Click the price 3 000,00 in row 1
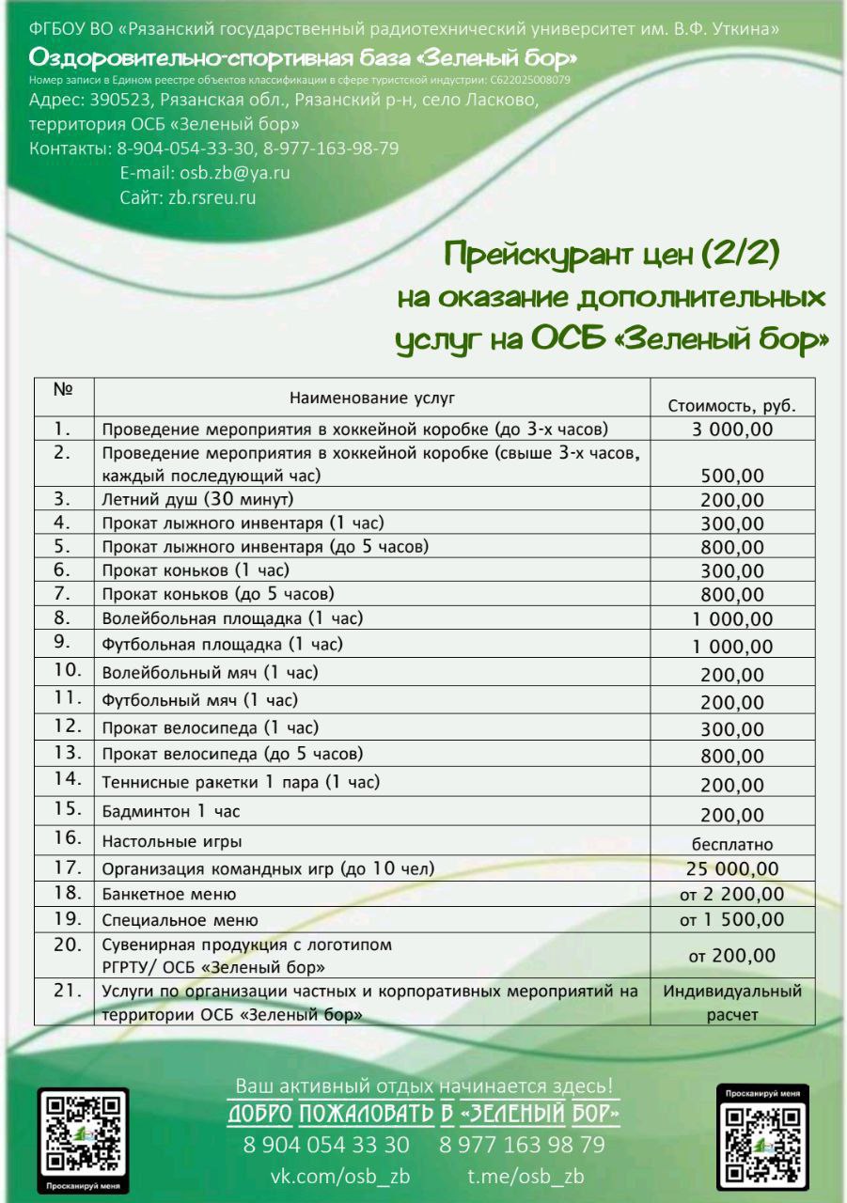[732, 430]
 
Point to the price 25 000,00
[732, 868]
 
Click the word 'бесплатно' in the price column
[732, 844]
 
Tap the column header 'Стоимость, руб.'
[732, 407]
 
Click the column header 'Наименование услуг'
[372, 398]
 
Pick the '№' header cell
[63, 388]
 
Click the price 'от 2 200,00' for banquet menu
[732, 894]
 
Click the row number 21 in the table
[63, 991]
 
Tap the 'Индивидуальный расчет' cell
[732, 1002]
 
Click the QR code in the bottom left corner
[82, 1132]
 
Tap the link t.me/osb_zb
[525, 1178]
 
